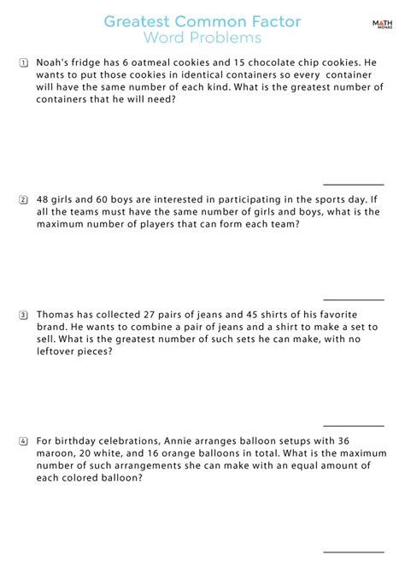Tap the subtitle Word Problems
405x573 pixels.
coord(202,39)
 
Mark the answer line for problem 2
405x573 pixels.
coord(353,299)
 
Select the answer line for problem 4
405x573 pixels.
coord(353,552)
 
